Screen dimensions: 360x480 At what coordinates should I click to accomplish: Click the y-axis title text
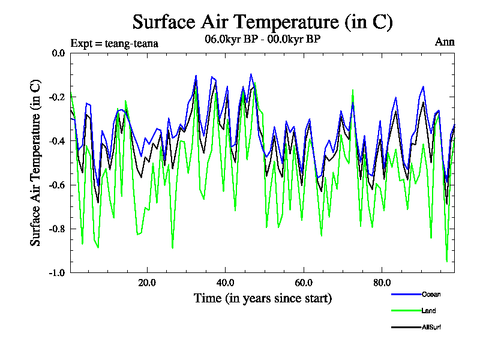(x=36, y=163)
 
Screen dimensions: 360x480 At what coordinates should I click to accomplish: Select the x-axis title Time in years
(x=262, y=298)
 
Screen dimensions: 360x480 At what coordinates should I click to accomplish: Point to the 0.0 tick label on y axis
(x=58, y=53)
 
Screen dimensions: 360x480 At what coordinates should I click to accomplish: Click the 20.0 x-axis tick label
(x=147, y=283)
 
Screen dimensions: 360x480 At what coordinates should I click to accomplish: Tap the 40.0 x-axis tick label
(x=225, y=283)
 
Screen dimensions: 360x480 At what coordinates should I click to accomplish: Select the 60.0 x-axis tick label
(x=304, y=283)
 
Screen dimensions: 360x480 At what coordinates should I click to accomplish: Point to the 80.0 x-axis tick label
(x=382, y=283)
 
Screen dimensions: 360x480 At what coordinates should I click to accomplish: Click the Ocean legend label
(x=431, y=295)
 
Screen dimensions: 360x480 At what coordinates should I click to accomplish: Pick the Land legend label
(x=428, y=311)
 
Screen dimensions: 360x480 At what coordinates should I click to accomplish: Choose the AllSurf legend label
(x=432, y=327)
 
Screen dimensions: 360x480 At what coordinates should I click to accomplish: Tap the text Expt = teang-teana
(x=114, y=43)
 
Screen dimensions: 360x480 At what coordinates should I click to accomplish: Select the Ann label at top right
(x=445, y=42)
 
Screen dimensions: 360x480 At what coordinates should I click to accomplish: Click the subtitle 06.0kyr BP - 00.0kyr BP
(x=262, y=40)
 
